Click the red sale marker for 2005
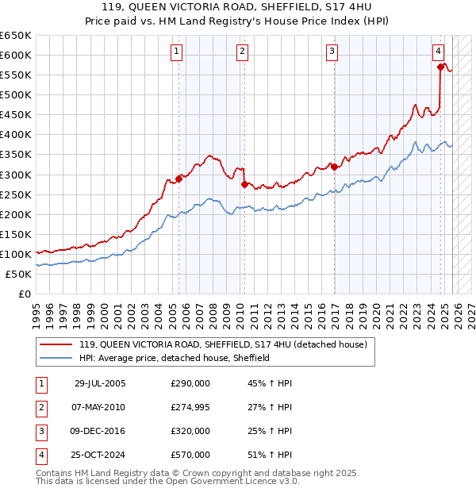(178, 179)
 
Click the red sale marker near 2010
(244, 184)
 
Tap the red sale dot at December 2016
(334, 167)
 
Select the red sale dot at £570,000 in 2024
(440, 67)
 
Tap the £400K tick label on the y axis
(15, 135)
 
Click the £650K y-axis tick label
(15, 36)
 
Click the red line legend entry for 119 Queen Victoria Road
(222, 345)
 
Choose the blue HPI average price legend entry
(175, 358)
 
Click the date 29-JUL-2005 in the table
(99, 383)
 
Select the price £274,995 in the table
(190, 407)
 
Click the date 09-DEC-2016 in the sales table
(99, 431)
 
